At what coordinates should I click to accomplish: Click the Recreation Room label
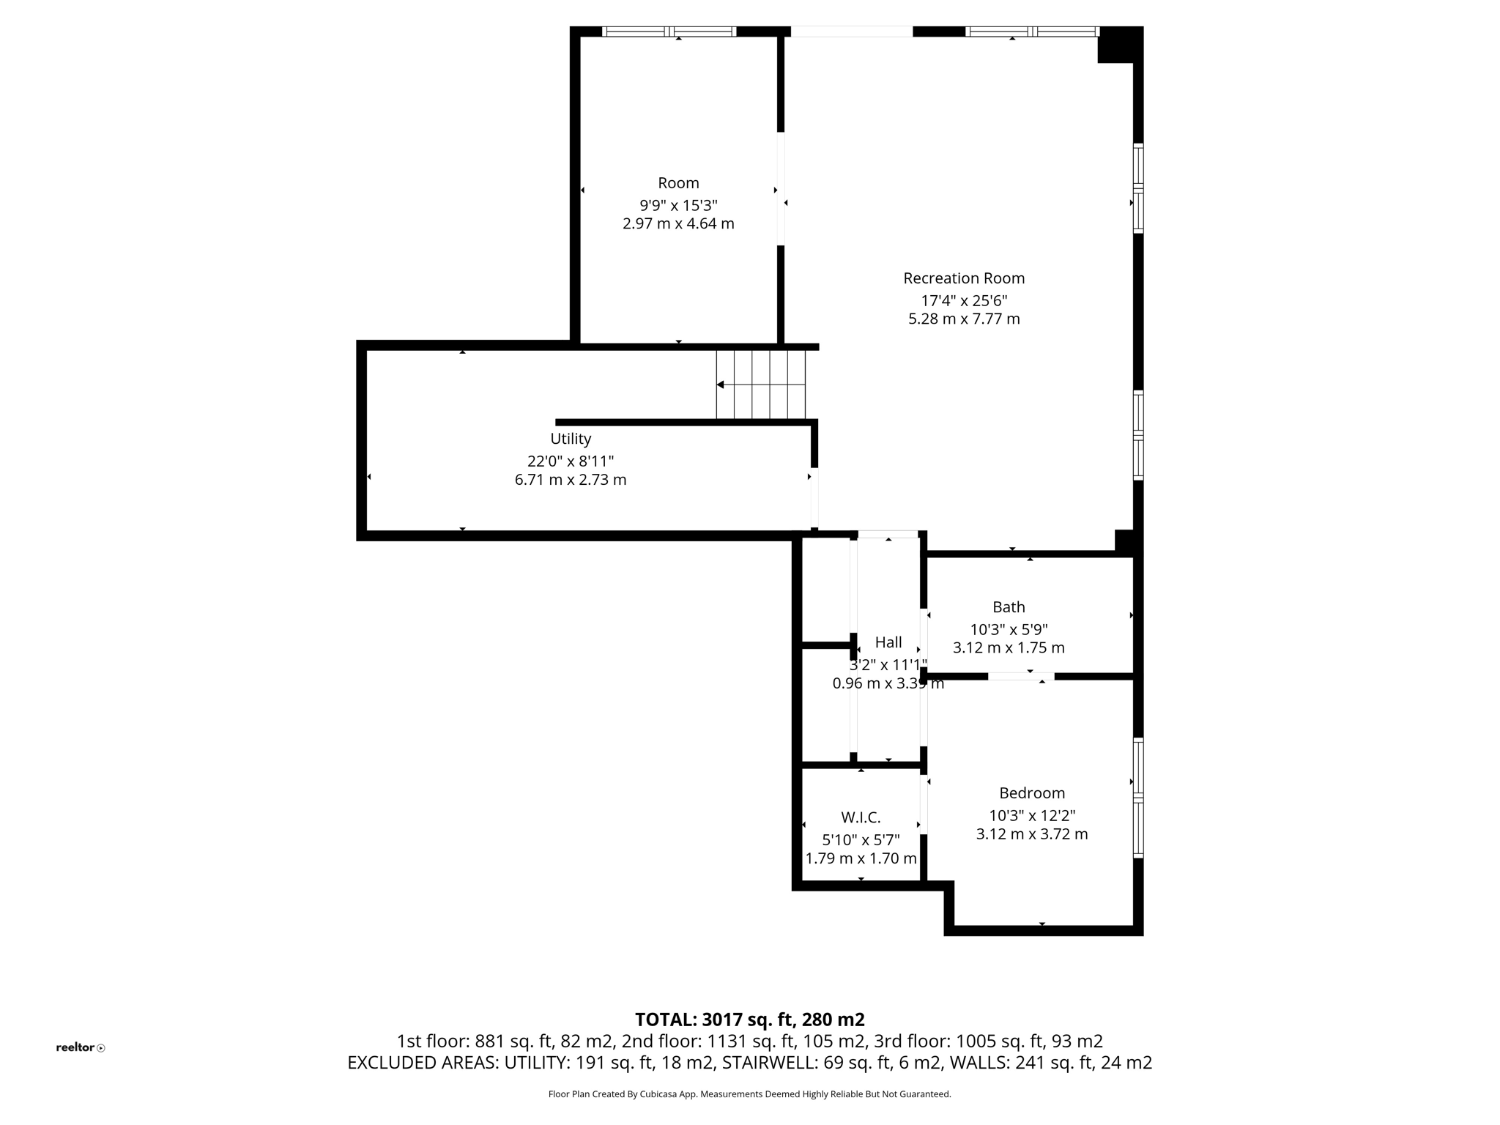(963, 278)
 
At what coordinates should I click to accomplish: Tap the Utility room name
(571, 439)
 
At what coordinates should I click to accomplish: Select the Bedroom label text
(1031, 792)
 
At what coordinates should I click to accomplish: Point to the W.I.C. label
(861, 817)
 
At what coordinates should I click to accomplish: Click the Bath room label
(1009, 607)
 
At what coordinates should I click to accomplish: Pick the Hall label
(888, 642)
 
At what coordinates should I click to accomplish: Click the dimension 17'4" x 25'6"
(964, 300)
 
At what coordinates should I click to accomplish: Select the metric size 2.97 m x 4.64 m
(678, 223)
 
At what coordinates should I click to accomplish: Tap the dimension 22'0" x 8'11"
(571, 461)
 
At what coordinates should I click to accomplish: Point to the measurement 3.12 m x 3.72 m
(1031, 833)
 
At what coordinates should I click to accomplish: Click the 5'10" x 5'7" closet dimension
(861, 839)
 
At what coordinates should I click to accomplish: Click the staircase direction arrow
(721, 385)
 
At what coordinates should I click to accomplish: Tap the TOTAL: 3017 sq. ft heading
(749, 1020)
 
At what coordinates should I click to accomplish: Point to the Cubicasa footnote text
(749, 1094)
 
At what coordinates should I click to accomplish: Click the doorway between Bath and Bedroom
(1021, 676)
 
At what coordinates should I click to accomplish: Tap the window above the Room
(669, 31)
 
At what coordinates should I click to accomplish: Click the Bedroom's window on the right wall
(1138, 797)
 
